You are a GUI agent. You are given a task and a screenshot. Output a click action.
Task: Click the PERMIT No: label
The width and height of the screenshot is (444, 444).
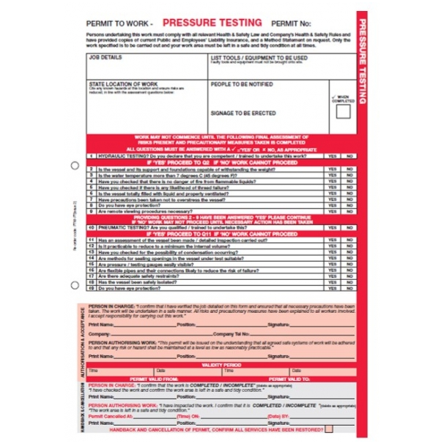tap(291, 24)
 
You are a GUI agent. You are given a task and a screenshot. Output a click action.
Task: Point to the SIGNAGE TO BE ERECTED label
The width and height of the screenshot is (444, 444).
tap(243, 113)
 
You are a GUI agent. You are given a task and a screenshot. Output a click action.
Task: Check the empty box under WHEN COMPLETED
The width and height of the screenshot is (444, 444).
tap(342, 112)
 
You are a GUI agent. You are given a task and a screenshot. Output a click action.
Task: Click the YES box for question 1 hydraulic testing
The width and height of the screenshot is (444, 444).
tap(333, 156)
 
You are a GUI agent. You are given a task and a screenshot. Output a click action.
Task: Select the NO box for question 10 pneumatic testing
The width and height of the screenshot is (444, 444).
tap(349, 228)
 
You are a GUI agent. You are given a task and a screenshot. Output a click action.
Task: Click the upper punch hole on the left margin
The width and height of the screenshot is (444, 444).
tap(75, 166)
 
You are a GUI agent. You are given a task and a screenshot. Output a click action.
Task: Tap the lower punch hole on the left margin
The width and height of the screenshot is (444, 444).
tap(75, 283)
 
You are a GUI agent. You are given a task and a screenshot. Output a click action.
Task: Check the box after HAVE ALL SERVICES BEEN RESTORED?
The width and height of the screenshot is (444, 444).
tap(329, 428)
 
